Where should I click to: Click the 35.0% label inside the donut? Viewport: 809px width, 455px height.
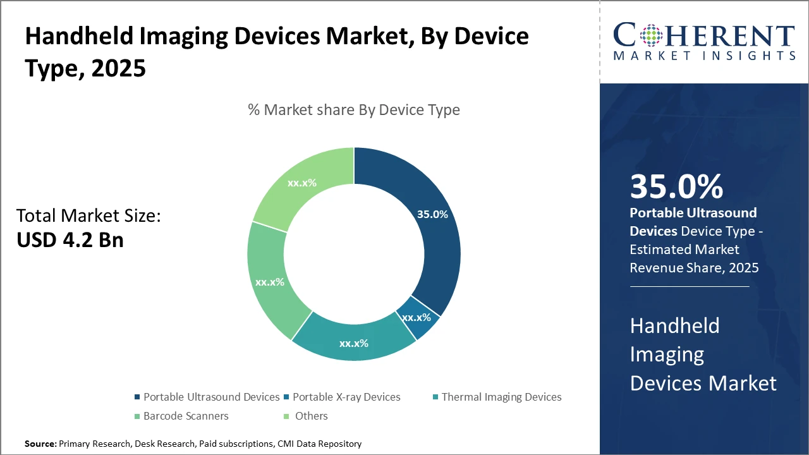pos(432,214)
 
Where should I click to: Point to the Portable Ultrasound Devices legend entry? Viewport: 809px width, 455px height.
pos(211,397)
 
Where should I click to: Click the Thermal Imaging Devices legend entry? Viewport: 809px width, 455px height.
pos(501,397)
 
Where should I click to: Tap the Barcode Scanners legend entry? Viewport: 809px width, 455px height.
pos(185,416)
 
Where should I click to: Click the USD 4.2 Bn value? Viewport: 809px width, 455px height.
pos(70,240)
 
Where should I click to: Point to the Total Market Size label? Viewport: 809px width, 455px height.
pos(88,216)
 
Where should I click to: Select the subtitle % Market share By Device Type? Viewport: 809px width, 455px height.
pos(354,110)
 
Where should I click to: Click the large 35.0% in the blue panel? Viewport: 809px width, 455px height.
pos(676,187)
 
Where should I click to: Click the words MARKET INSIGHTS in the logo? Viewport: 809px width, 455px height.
pos(704,56)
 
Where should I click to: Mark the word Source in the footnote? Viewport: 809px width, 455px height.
pos(40,444)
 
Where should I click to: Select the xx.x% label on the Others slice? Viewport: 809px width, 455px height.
pos(302,183)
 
